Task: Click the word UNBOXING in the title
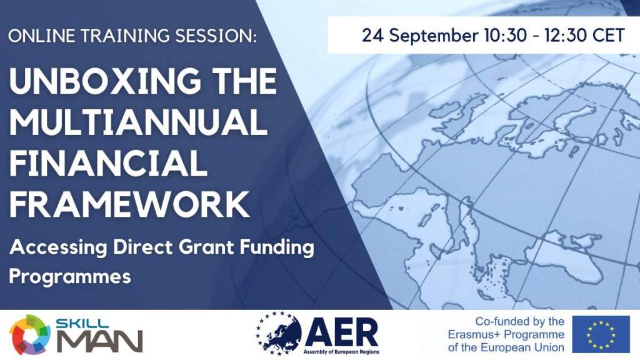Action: tap(105, 81)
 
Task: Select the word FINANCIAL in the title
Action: tap(109, 162)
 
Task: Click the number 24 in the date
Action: tap(372, 35)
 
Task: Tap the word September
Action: tap(434, 36)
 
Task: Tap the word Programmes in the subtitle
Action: tap(70, 277)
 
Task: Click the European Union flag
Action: tap(601, 334)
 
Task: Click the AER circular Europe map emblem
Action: tap(279, 333)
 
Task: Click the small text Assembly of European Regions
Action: tap(341, 352)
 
